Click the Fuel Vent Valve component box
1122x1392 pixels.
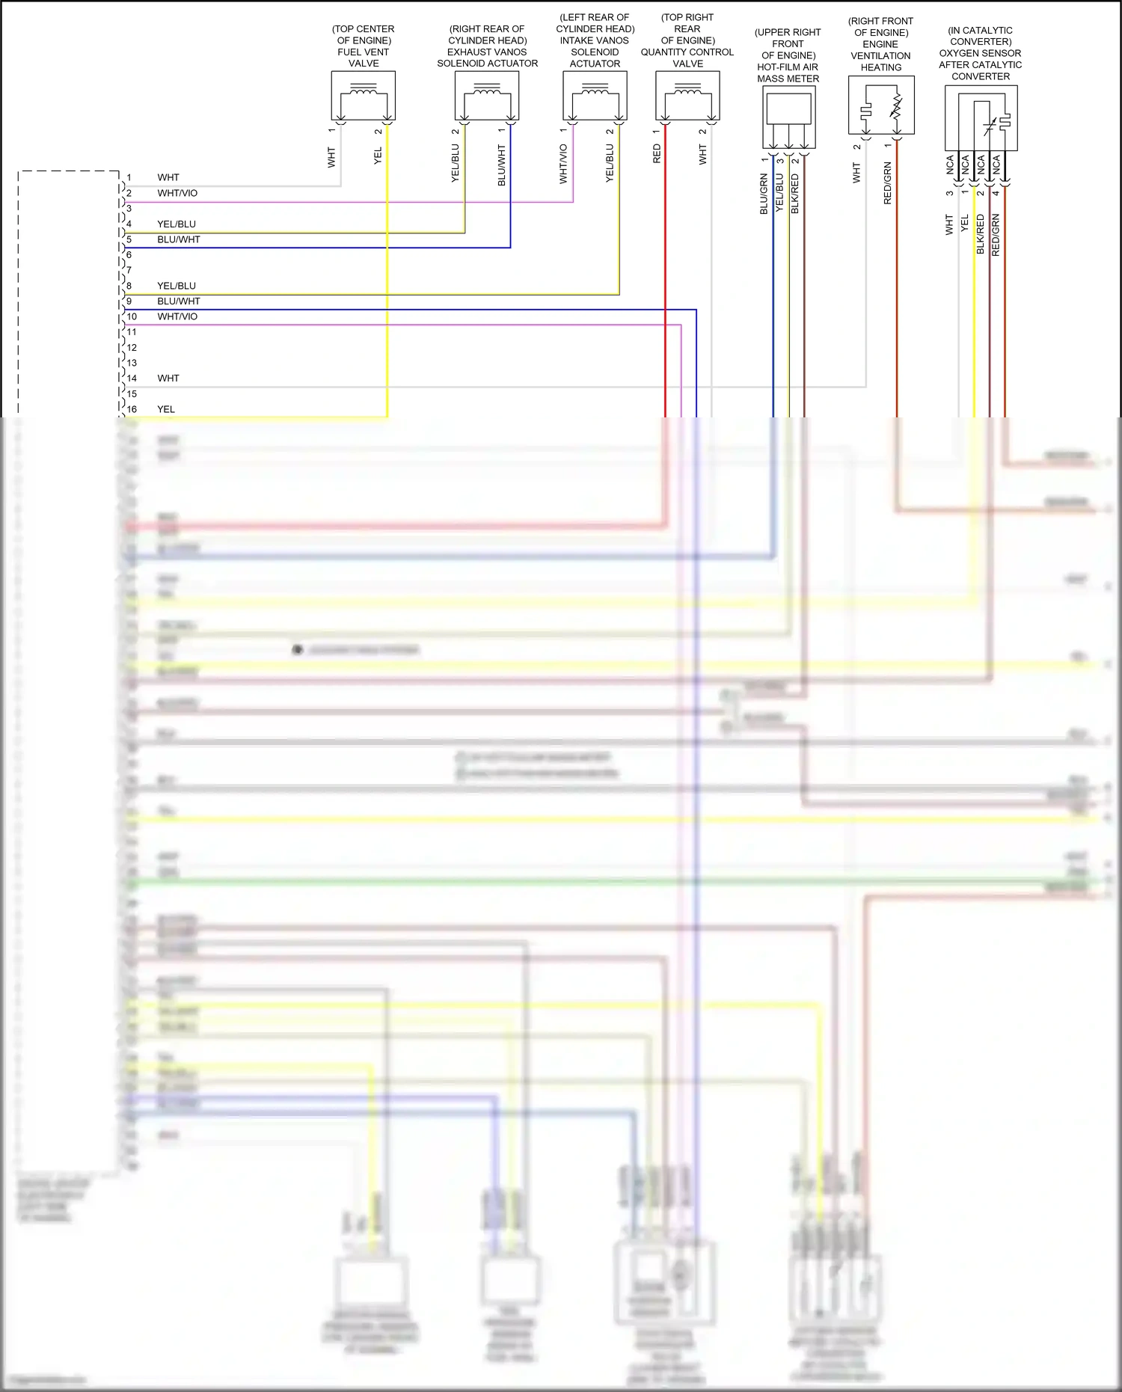tap(364, 96)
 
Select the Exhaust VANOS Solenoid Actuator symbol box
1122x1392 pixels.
tap(487, 96)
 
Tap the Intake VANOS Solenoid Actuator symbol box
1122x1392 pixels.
tap(595, 96)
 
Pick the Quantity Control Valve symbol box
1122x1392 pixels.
tap(687, 96)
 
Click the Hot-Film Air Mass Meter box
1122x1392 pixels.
tap(788, 117)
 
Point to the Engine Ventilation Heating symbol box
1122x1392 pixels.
tap(881, 105)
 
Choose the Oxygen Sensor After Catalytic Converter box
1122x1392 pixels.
tap(981, 117)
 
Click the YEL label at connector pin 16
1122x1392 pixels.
tap(166, 409)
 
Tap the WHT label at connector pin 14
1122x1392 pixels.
tap(168, 378)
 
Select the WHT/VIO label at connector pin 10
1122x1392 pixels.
tap(177, 316)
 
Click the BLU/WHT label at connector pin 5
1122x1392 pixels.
tap(179, 239)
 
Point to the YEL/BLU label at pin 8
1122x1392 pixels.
tap(177, 286)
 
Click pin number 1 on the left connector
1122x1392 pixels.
tap(129, 178)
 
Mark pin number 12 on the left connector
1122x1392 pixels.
tap(132, 348)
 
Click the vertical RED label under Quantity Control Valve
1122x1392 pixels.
tap(657, 154)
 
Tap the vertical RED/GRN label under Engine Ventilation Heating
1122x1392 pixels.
tap(888, 183)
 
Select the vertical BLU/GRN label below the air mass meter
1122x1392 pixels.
tap(764, 194)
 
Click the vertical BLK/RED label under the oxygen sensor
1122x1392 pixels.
tap(981, 234)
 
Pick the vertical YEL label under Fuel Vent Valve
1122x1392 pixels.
tap(378, 156)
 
